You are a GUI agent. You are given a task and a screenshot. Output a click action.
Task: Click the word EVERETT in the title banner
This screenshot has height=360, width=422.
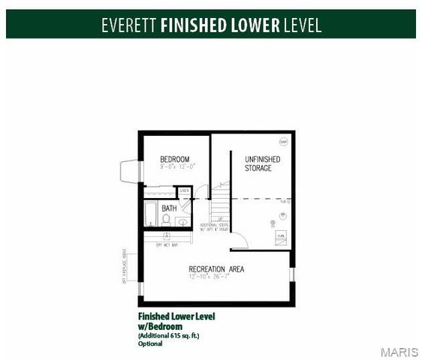[128, 25]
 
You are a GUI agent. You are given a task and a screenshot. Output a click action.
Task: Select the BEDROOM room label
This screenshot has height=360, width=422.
[174, 159]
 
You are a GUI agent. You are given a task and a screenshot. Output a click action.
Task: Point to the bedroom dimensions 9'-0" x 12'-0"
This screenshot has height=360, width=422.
[174, 167]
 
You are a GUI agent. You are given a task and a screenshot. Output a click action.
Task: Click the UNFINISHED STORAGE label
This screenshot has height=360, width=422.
[262, 163]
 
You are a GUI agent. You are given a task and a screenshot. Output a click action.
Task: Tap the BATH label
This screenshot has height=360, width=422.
[170, 208]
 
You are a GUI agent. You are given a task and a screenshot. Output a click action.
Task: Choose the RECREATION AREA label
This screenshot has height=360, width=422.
[216, 269]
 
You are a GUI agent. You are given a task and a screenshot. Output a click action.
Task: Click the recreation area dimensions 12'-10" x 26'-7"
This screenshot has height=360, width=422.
[216, 277]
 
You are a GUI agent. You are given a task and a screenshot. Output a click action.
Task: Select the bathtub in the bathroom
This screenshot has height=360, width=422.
[150, 214]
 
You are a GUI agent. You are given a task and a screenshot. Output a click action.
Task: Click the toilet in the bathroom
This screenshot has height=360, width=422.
[166, 220]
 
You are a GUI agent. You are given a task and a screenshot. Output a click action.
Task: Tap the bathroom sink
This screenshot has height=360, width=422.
[182, 221]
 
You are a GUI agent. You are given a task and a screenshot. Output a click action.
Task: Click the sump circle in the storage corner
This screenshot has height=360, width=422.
[283, 142]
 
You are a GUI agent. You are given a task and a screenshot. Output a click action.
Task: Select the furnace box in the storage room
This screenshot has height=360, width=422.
[281, 236]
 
